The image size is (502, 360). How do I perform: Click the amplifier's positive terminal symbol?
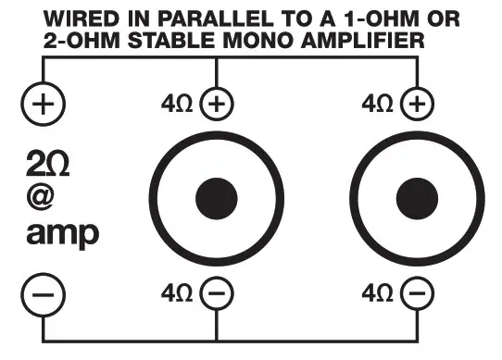pyautogui.click(x=43, y=103)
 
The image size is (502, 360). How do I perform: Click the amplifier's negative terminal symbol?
pyautogui.click(x=43, y=295)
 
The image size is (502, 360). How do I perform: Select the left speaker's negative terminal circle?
pyautogui.click(x=217, y=295)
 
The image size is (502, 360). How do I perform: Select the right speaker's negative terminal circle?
pyautogui.click(x=418, y=295)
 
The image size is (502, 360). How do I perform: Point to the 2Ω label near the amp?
pyautogui.click(x=45, y=166)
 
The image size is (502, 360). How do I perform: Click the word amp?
pyautogui.click(x=61, y=235)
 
